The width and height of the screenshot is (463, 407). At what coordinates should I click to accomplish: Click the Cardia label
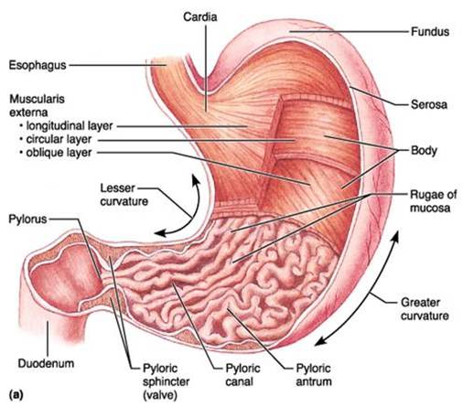coord(200,17)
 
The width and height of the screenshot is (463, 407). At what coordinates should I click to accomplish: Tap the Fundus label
coord(430,31)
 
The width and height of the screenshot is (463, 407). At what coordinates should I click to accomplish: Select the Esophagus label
coord(38,66)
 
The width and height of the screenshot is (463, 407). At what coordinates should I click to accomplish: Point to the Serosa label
coord(429,104)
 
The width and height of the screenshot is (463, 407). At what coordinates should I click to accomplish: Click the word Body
coord(424,151)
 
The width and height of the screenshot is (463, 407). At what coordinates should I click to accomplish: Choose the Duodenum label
coord(46,363)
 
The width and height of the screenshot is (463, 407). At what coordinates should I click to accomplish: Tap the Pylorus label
coord(27,220)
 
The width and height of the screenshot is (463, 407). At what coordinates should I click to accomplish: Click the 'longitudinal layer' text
coord(70,126)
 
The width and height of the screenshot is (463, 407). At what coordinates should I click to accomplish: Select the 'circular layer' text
coord(59,139)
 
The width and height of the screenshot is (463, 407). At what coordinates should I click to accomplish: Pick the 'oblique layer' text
coord(59,153)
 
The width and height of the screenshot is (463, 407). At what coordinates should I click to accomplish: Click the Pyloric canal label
coord(242,375)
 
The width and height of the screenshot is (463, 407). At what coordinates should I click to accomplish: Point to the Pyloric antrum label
coord(314,375)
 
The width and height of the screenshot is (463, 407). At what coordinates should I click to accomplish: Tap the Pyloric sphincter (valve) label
coord(167,382)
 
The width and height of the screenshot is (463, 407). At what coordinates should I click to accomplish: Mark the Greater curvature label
coord(425,309)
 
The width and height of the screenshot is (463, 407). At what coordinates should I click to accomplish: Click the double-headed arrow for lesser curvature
coord(193,217)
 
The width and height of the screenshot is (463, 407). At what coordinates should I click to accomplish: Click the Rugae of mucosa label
coord(433,201)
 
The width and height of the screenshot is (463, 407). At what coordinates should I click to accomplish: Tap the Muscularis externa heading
coord(37,106)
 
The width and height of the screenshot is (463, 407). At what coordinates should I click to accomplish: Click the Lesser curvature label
coord(124,195)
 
